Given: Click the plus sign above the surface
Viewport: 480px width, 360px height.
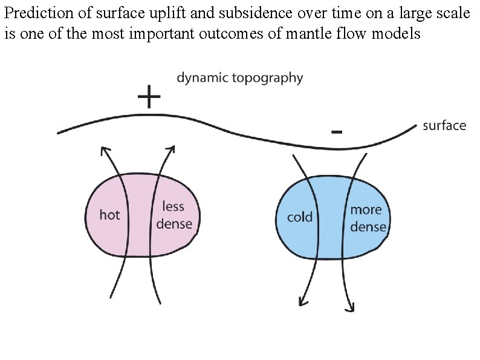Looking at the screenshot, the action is (149, 97).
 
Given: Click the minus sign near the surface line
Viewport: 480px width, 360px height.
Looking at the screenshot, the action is (337, 131).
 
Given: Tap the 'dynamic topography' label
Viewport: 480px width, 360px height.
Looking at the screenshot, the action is (240, 78).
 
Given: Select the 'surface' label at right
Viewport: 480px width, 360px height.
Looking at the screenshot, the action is (444, 126).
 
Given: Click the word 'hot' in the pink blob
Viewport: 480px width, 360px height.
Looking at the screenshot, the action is (109, 215).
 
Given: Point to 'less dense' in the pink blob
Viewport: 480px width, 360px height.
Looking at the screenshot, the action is (174, 215).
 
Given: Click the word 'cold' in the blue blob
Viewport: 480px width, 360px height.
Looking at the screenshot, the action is (299, 217).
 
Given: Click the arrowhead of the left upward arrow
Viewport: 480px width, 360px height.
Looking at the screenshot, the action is (105, 149).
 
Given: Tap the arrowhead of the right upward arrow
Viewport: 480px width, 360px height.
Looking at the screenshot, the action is (172, 148).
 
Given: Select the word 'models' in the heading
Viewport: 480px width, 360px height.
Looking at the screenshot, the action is (398, 33).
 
